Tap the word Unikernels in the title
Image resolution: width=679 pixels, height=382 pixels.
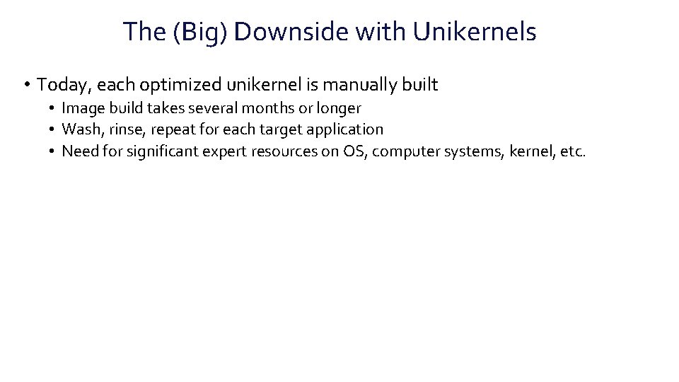[475, 32]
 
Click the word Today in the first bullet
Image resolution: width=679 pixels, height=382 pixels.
[64, 86]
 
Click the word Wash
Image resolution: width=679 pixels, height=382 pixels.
[80, 129]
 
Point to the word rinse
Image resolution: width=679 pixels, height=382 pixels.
[128, 129]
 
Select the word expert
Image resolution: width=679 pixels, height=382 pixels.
[224, 151]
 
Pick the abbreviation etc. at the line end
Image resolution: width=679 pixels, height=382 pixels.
[573, 151]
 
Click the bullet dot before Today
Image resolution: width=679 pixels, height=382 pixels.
[25, 86]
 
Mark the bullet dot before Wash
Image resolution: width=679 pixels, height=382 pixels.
[52, 129]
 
